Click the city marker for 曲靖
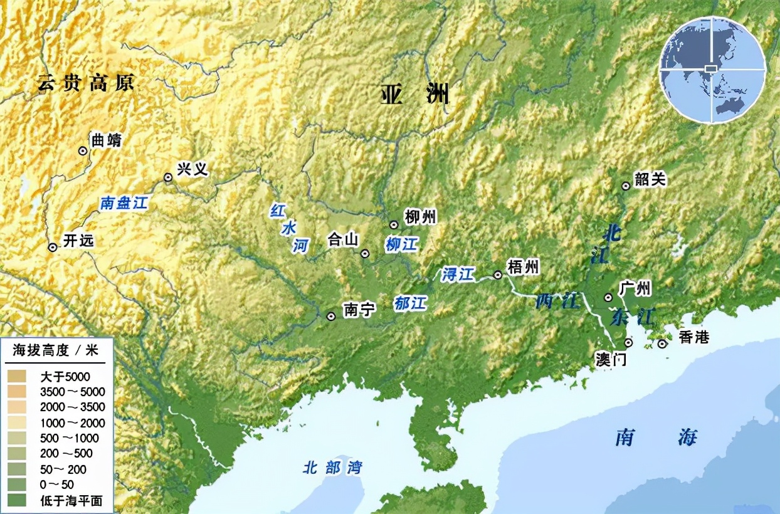coord(82,150)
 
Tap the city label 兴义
coord(192,169)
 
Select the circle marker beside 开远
coord(53,248)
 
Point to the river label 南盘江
coord(124,203)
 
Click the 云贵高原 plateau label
coord(85,83)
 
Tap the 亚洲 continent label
coord(414,95)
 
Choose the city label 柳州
coord(421,217)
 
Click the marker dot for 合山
coord(365,254)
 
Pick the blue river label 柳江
coord(401,244)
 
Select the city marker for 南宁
coord(330,317)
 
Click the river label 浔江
coord(458,274)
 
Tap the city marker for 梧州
coord(498,275)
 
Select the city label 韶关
coord(650,180)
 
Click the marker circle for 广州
coord(608,297)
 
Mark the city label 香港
coord(693,337)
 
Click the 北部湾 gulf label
coord(332,468)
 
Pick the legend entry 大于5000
coord(65,377)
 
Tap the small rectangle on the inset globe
coord(711,68)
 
